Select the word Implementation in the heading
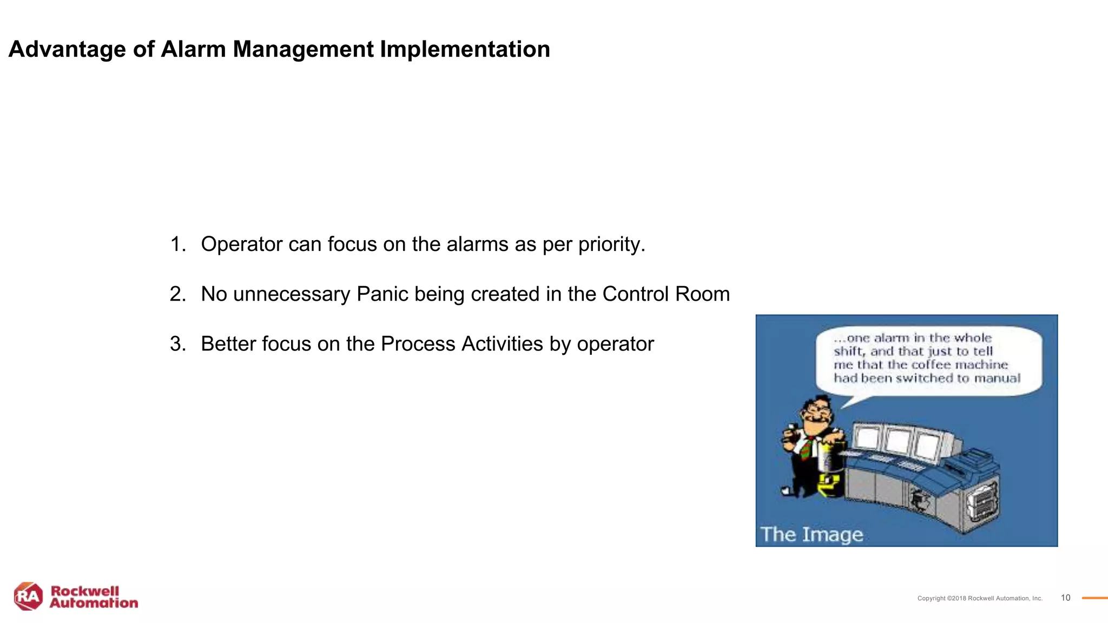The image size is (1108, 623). (x=465, y=50)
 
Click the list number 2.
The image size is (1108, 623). (x=177, y=294)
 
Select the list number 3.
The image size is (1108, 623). (x=177, y=344)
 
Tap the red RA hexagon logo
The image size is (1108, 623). (x=28, y=597)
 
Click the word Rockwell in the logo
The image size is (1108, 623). (x=84, y=591)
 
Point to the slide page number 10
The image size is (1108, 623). (x=1065, y=598)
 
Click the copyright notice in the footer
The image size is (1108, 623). (x=979, y=598)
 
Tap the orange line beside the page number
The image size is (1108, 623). (x=1094, y=598)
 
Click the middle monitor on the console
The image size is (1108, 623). (x=898, y=441)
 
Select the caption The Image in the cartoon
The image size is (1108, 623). (x=812, y=534)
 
